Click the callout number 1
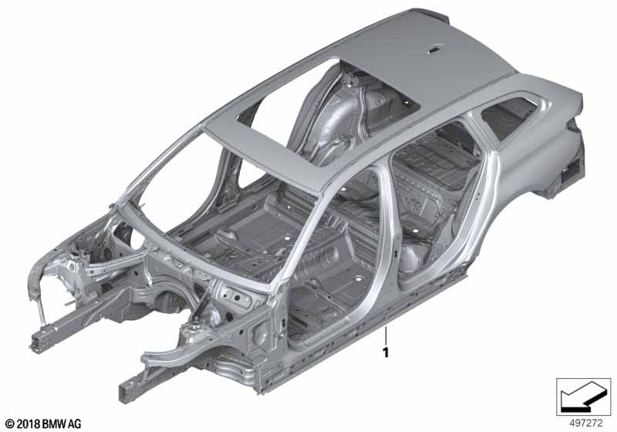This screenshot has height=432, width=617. [x=386, y=352]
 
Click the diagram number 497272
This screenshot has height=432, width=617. [x=586, y=424]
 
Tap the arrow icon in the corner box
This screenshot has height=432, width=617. [x=583, y=397]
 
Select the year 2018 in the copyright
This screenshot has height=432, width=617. [x=28, y=424]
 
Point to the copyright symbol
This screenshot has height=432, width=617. [x=10, y=424]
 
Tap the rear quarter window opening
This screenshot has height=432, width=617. [x=507, y=115]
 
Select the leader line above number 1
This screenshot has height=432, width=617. [x=386, y=335]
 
